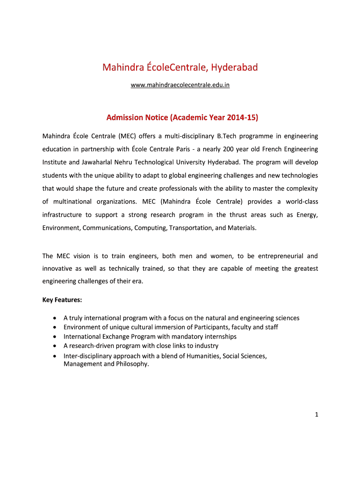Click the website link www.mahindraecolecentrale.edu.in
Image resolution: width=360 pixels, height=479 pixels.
[180, 85]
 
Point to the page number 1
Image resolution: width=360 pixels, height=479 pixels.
[316, 414]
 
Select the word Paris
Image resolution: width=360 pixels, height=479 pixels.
[176, 149]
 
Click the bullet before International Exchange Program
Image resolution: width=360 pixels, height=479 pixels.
[56, 337]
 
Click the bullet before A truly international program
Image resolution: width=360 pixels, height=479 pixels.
[56, 318]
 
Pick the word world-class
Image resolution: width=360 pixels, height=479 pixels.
[301, 202]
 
